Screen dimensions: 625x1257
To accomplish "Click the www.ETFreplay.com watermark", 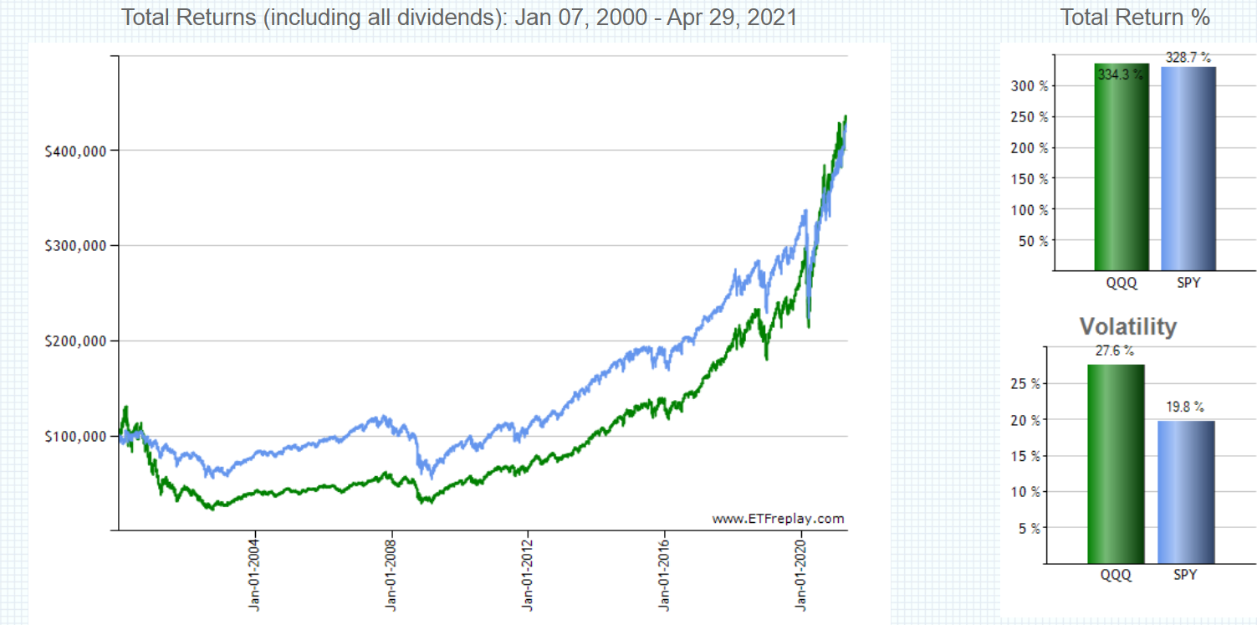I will point(778,519).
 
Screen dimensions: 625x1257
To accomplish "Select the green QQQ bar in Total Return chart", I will point(1122,167).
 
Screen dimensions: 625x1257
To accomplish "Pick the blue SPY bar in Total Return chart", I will point(1188,167).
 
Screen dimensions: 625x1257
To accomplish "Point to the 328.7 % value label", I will point(1188,57).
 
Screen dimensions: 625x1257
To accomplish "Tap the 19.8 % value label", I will point(1186,407).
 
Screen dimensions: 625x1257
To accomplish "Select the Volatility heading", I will point(1127,326).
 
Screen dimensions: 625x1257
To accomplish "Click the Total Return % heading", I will point(1135,18).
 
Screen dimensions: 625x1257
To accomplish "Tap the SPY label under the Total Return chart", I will point(1188,283).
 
